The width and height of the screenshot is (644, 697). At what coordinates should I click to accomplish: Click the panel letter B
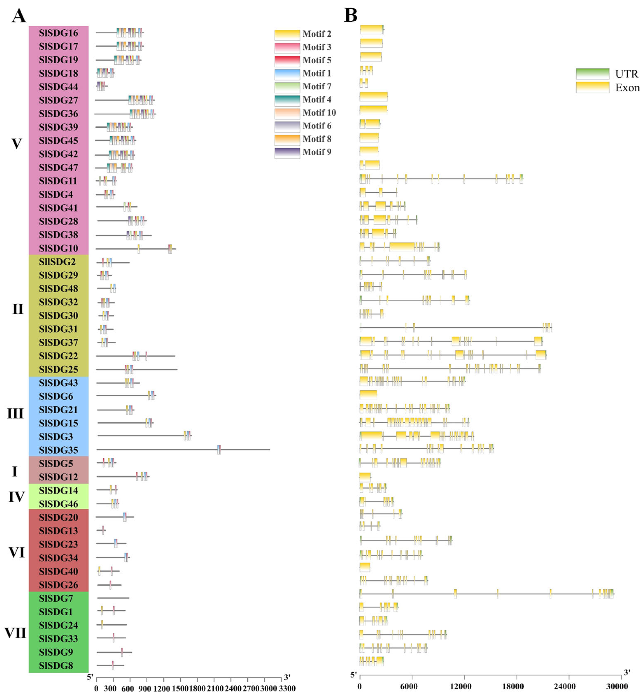(351, 15)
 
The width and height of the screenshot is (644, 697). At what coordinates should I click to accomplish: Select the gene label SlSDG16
(58, 33)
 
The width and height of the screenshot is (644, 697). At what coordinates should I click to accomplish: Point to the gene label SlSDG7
(56, 598)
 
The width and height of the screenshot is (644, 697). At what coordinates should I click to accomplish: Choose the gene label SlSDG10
(58, 248)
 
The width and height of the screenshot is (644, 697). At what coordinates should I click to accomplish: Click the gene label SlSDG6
(56, 396)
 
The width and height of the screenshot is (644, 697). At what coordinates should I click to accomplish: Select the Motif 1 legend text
(316, 73)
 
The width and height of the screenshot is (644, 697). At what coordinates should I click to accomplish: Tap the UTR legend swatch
(592, 74)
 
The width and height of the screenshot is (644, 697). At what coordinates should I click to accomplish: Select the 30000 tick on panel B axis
(617, 686)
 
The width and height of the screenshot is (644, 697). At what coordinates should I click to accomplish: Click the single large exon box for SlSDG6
(368, 395)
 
